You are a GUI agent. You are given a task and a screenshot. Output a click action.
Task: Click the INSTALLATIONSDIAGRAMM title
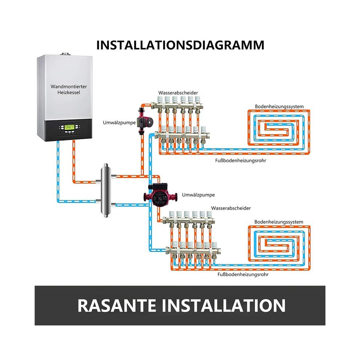[x=180, y=45]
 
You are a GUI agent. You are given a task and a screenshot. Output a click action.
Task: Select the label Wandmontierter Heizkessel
[x=69, y=89]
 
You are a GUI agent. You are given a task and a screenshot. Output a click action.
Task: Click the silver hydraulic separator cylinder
[x=105, y=190]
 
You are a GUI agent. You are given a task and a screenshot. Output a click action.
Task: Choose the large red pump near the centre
[x=160, y=195]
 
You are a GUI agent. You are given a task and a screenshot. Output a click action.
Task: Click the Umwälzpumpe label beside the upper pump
[x=119, y=123]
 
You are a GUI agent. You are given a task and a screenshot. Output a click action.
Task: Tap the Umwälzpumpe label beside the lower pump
[x=199, y=195]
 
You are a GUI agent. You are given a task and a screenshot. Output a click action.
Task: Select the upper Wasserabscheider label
[x=178, y=93]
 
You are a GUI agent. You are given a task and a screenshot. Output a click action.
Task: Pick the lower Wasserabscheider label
[x=231, y=208]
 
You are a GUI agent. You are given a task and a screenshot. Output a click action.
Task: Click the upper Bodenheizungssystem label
[x=279, y=107]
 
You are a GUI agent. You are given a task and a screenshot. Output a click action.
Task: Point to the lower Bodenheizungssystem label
[x=279, y=222]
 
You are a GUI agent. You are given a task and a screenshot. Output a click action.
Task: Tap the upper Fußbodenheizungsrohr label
[x=240, y=161]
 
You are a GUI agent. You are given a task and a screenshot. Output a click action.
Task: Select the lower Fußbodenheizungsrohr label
[x=243, y=275]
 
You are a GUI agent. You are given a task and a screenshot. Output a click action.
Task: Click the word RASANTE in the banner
[x=116, y=305]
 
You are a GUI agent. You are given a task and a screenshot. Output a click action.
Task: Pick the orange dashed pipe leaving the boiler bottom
[x=74, y=162]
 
